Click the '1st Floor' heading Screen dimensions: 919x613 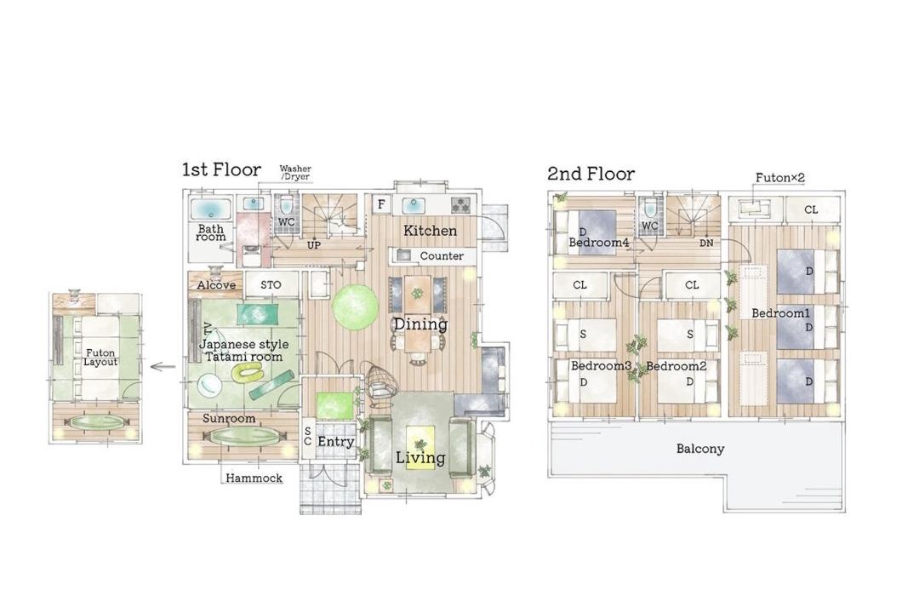click(221, 170)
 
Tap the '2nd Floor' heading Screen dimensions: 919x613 click(591, 174)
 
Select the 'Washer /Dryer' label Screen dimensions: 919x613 click(295, 173)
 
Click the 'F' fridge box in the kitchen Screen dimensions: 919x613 click(381, 204)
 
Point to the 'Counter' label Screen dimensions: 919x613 click(442, 255)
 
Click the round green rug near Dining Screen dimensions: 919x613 click(356, 306)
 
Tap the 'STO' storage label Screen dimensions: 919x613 click(271, 285)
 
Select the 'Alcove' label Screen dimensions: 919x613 click(216, 285)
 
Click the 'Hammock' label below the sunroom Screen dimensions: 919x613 click(254, 478)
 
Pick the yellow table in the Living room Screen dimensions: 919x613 click(420, 447)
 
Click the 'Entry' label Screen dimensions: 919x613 click(336, 442)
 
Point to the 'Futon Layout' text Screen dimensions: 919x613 click(100, 358)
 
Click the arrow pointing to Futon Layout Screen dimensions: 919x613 click(163, 367)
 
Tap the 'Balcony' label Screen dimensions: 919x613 click(700, 449)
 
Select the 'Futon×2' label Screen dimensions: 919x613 click(780, 177)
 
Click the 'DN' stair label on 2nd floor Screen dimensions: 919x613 click(706, 243)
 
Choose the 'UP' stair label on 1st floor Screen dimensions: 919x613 click(314, 245)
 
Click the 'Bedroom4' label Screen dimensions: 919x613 click(599, 243)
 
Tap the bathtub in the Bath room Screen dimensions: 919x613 click(210, 209)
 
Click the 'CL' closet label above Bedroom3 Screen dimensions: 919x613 click(579, 285)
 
